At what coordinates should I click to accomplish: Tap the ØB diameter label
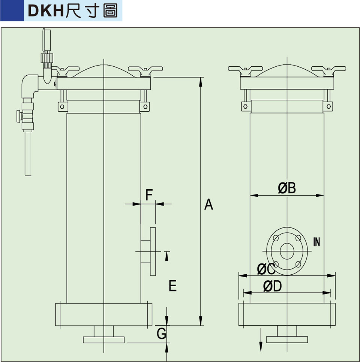(287, 188)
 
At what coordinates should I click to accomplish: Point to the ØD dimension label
(272, 286)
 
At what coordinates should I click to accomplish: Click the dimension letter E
(172, 286)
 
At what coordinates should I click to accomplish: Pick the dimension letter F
(149, 195)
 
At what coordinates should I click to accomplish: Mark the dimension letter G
(161, 334)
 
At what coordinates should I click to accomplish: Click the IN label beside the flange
(317, 242)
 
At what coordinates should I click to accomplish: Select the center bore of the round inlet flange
(287, 251)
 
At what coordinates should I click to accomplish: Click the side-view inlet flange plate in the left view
(153, 251)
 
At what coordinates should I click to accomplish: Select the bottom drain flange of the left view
(103, 340)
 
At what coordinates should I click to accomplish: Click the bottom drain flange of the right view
(287, 340)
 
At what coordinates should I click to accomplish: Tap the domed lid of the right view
(287, 70)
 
